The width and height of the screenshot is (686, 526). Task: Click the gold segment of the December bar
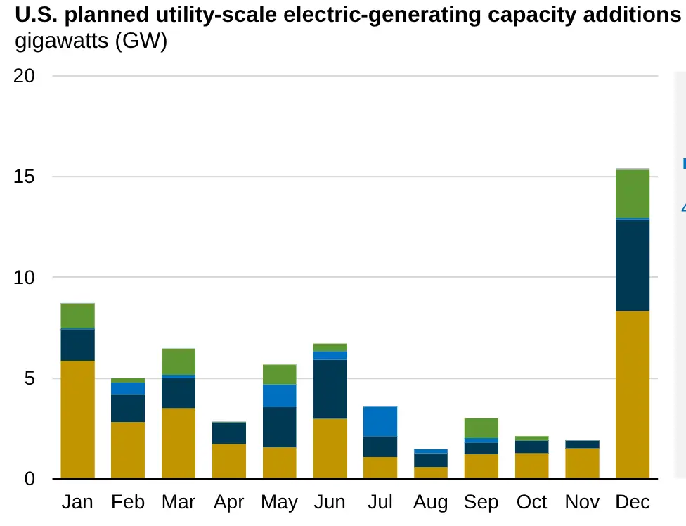coord(632,394)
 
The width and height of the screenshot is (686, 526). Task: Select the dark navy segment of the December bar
coord(632,265)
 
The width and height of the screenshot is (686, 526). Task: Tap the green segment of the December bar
coord(632,194)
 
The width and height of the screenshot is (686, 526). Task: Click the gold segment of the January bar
coord(77,420)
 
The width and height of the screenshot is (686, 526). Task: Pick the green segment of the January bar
coord(77,316)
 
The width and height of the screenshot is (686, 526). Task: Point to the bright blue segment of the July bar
coord(380,421)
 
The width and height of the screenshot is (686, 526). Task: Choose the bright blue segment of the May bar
coord(279,396)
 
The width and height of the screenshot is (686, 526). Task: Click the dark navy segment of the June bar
coord(330,389)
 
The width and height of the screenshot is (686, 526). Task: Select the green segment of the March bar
coord(179,361)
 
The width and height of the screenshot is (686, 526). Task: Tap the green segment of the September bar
coord(481,428)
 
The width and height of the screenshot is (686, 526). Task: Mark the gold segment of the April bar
coord(228,461)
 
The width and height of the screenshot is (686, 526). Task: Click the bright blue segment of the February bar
coord(128,389)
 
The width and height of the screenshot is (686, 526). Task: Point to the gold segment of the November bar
coord(582,463)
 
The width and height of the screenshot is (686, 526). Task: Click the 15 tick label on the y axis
coord(24,177)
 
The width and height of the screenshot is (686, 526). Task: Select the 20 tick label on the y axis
coord(24,76)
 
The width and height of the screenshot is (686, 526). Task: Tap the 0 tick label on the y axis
coord(29,480)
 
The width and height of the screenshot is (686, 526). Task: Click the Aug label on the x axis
coord(430,502)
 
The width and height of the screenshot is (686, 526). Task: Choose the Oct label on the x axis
coord(531,502)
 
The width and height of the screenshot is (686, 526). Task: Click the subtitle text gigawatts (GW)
coord(91,41)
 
